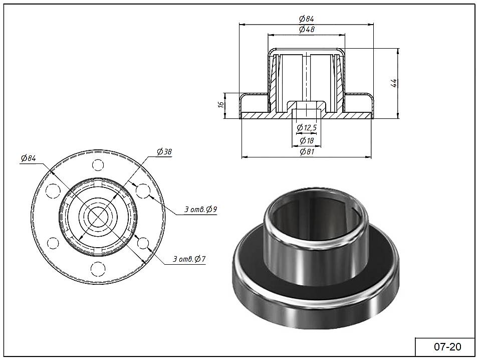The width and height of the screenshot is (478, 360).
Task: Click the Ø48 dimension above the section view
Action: pyautogui.click(x=307, y=29)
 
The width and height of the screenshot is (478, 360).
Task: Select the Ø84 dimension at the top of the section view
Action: pyautogui.click(x=307, y=19)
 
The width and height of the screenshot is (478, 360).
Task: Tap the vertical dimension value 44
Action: pyautogui.click(x=393, y=83)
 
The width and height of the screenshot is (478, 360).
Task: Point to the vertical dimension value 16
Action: pyautogui.click(x=221, y=104)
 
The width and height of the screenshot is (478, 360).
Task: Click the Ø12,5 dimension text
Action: pyautogui.click(x=307, y=127)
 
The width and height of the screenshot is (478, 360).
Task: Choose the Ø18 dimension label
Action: pyautogui.click(x=307, y=141)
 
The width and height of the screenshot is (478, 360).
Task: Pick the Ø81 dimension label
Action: pyautogui.click(x=307, y=151)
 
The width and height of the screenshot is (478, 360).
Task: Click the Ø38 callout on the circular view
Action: pyautogui.click(x=164, y=151)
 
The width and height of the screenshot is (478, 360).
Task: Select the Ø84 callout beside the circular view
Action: pyautogui.click(x=29, y=158)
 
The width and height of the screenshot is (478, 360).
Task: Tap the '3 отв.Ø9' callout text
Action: pyautogui.click(x=200, y=209)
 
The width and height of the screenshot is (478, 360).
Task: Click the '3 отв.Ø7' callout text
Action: pyautogui.click(x=189, y=259)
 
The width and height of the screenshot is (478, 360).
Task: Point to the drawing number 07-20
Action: pyautogui.click(x=447, y=347)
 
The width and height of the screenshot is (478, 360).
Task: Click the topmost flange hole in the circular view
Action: pyautogui.click(x=98, y=165)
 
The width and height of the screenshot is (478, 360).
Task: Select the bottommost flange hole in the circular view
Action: pyautogui.click(x=98, y=269)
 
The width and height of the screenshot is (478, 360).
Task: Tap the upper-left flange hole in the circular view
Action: pyautogui.click(x=53, y=191)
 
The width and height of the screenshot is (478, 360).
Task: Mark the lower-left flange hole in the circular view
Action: pyautogui.click(x=53, y=244)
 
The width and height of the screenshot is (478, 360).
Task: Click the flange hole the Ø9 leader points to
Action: pyautogui.click(x=143, y=191)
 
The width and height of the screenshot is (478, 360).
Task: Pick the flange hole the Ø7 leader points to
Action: pyautogui.click(x=143, y=244)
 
